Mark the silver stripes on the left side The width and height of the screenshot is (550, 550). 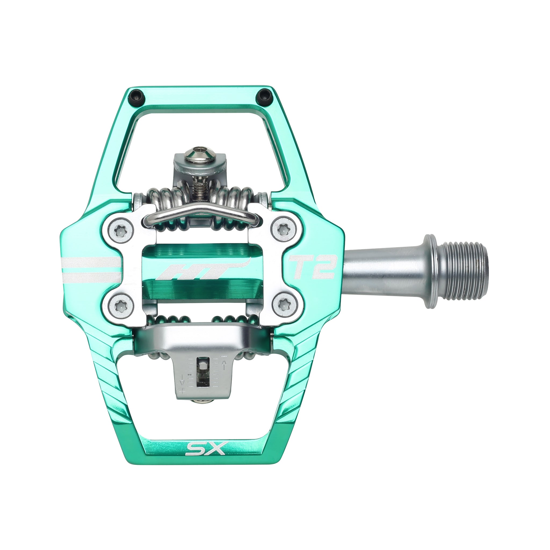[91, 267]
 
